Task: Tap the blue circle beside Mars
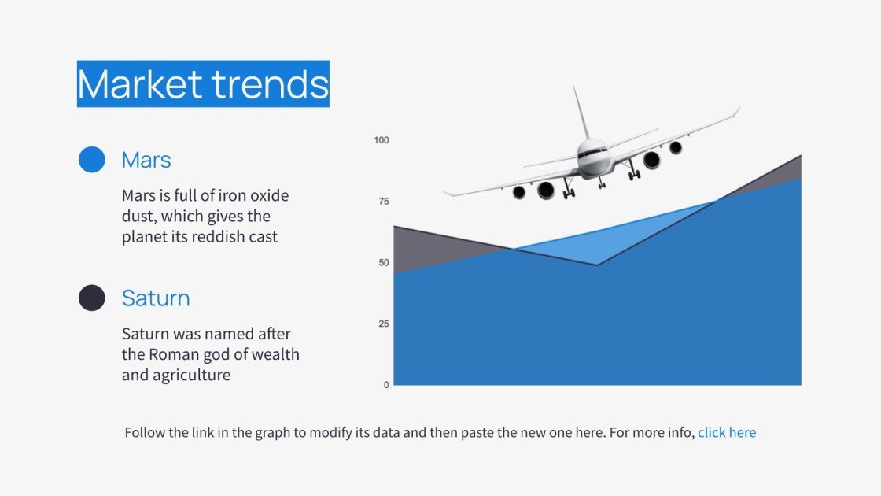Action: click(x=92, y=160)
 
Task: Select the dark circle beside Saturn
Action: click(x=92, y=298)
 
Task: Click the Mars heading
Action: click(x=146, y=160)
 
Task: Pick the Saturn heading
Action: click(x=156, y=298)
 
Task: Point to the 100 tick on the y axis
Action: click(x=382, y=140)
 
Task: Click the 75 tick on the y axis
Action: click(x=383, y=202)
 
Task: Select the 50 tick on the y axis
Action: click(x=383, y=262)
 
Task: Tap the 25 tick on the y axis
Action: click(x=383, y=324)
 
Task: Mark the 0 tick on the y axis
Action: click(x=386, y=385)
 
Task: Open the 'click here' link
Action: click(x=727, y=432)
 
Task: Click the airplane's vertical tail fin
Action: click(x=581, y=114)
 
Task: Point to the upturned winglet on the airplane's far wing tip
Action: click(x=735, y=112)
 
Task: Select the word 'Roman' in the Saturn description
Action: click(x=174, y=354)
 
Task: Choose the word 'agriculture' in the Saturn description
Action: click(x=190, y=375)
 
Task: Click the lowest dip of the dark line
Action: click(x=597, y=265)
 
